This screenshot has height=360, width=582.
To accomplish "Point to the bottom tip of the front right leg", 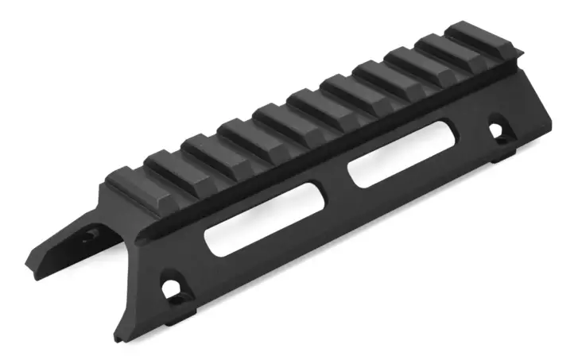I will [x=121, y=338].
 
